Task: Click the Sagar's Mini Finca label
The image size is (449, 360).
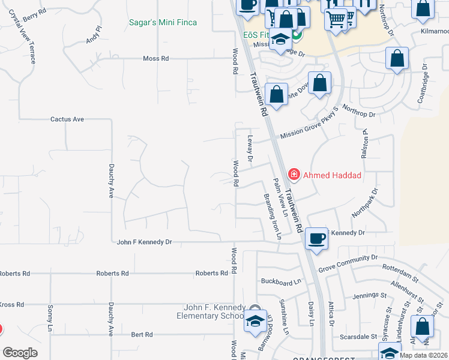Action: tap(163, 23)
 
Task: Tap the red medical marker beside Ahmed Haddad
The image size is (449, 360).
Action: tap(294, 175)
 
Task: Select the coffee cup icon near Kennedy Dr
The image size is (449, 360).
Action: tap(316, 238)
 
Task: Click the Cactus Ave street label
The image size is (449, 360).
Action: tap(67, 119)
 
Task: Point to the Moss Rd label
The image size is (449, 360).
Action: tap(156, 59)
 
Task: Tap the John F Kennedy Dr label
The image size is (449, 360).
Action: tap(145, 242)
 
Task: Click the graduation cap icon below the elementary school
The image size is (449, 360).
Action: tap(255, 322)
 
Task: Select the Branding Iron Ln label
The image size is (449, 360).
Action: tap(271, 216)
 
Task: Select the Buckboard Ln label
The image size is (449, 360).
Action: tap(281, 281)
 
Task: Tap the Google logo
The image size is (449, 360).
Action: tap(20, 353)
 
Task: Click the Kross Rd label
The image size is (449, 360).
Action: tap(12, 305)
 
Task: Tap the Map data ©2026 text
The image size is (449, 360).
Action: tap(423, 355)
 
